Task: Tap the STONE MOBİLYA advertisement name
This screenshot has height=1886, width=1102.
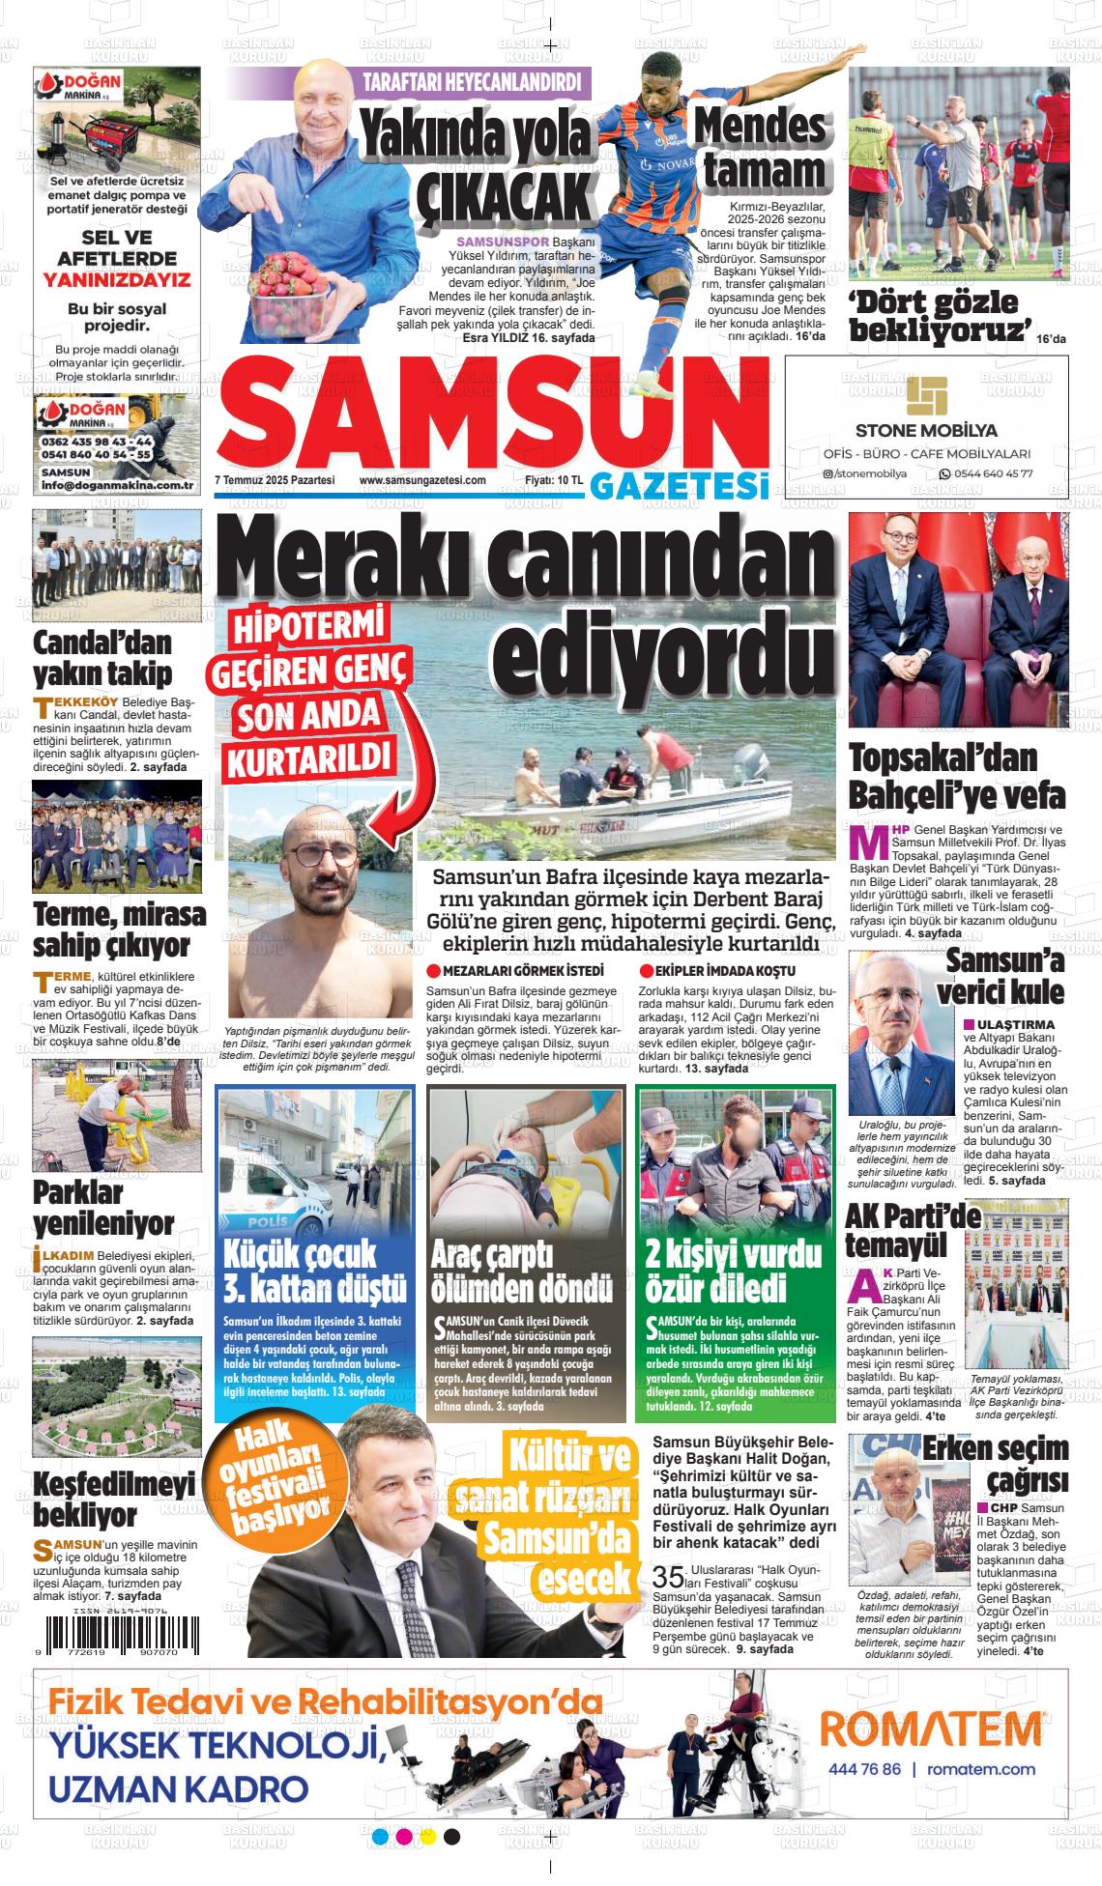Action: click(926, 430)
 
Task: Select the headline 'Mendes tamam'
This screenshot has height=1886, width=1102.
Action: click(761, 149)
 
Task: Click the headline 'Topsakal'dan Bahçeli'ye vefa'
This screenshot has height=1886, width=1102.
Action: click(956, 776)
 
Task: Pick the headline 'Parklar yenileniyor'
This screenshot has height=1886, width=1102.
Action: click(103, 1207)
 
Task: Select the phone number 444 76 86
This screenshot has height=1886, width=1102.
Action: click(865, 1769)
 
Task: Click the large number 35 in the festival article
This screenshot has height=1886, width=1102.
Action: click(667, 1577)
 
